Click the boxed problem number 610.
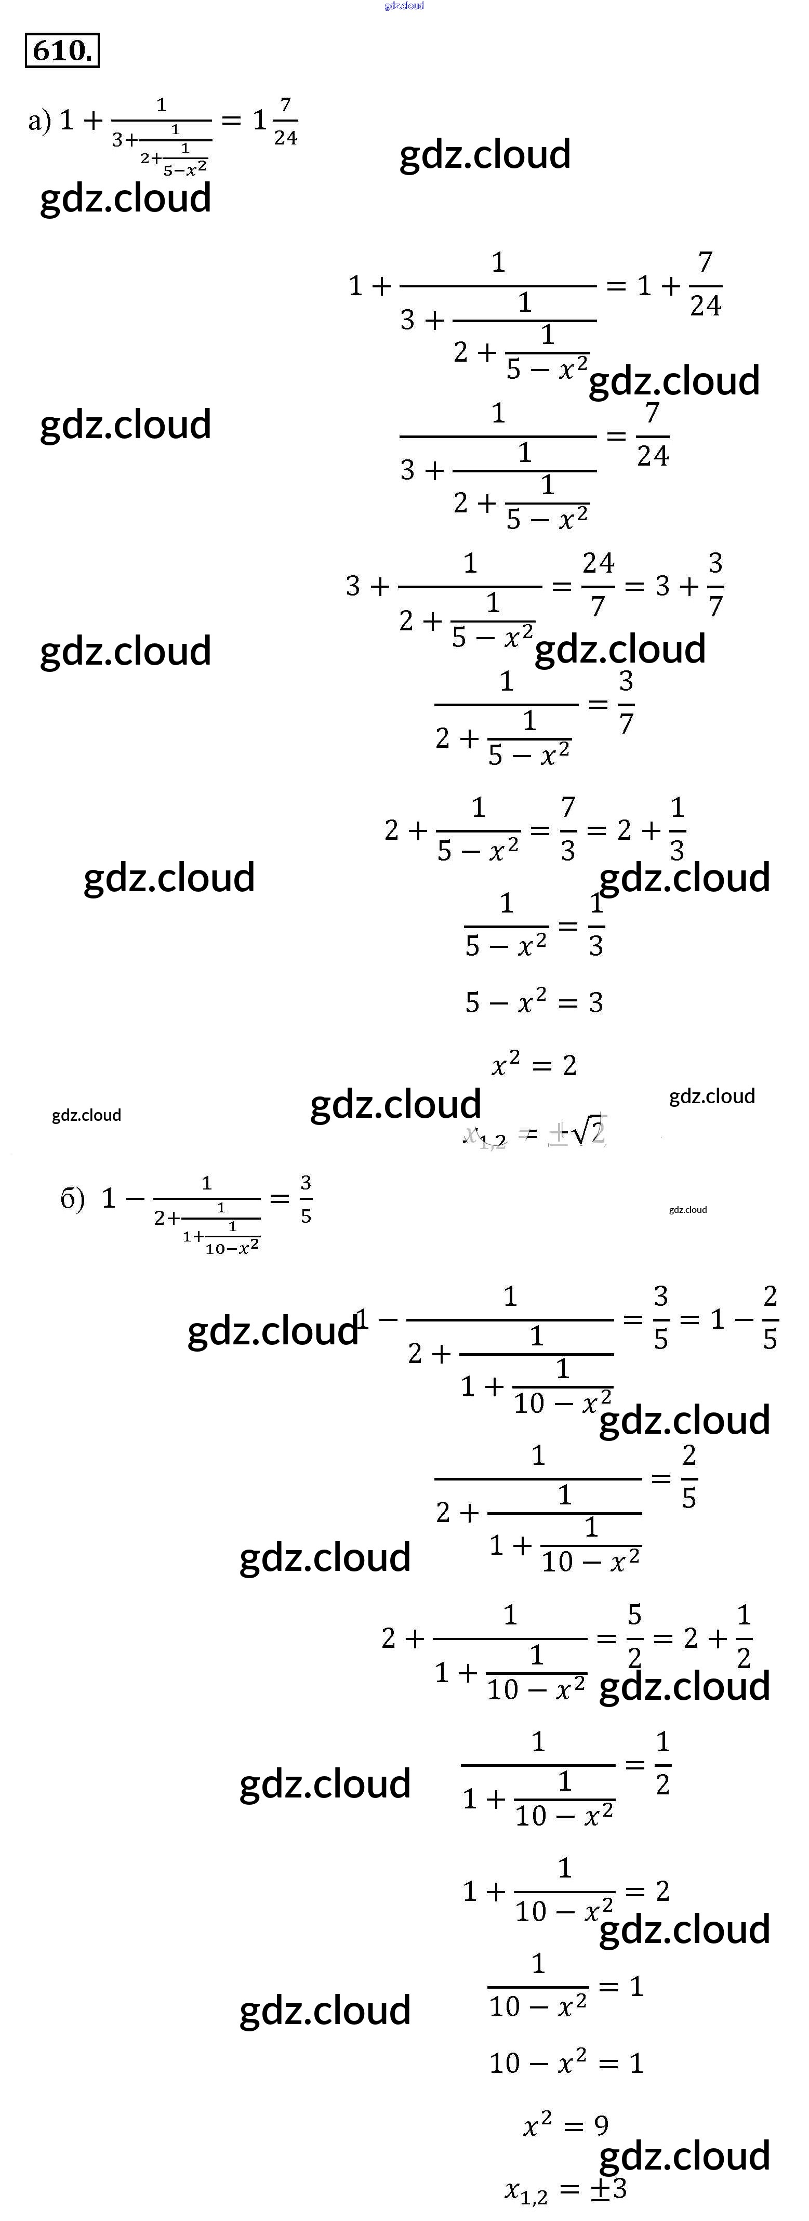click(62, 51)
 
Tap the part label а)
click(39, 120)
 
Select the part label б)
click(72, 1198)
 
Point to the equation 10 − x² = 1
click(566, 2063)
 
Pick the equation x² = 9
click(566, 2125)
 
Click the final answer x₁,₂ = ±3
click(566, 2190)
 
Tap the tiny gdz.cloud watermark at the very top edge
click(404, 6)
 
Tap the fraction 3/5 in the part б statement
click(306, 1198)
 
